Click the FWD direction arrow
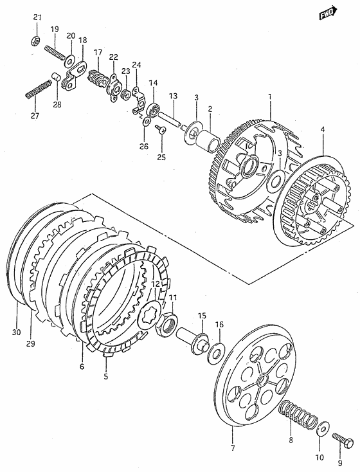click(x=327, y=13)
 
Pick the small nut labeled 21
click(x=35, y=40)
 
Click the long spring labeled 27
click(x=37, y=89)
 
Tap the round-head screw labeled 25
click(x=161, y=129)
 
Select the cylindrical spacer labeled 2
click(x=208, y=140)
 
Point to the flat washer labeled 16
click(x=215, y=352)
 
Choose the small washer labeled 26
click(x=147, y=122)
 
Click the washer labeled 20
click(x=70, y=61)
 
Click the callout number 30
click(x=17, y=332)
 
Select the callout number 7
click(x=233, y=448)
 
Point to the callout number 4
click(x=323, y=130)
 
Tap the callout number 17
click(x=98, y=52)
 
